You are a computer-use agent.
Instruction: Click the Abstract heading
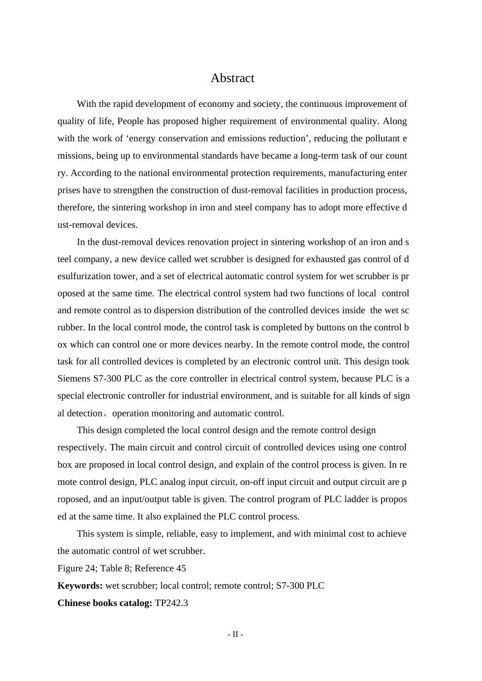(x=232, y=78)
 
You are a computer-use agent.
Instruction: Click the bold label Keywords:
(x=80, y=586)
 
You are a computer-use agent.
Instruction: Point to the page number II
(x=235, y=634)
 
